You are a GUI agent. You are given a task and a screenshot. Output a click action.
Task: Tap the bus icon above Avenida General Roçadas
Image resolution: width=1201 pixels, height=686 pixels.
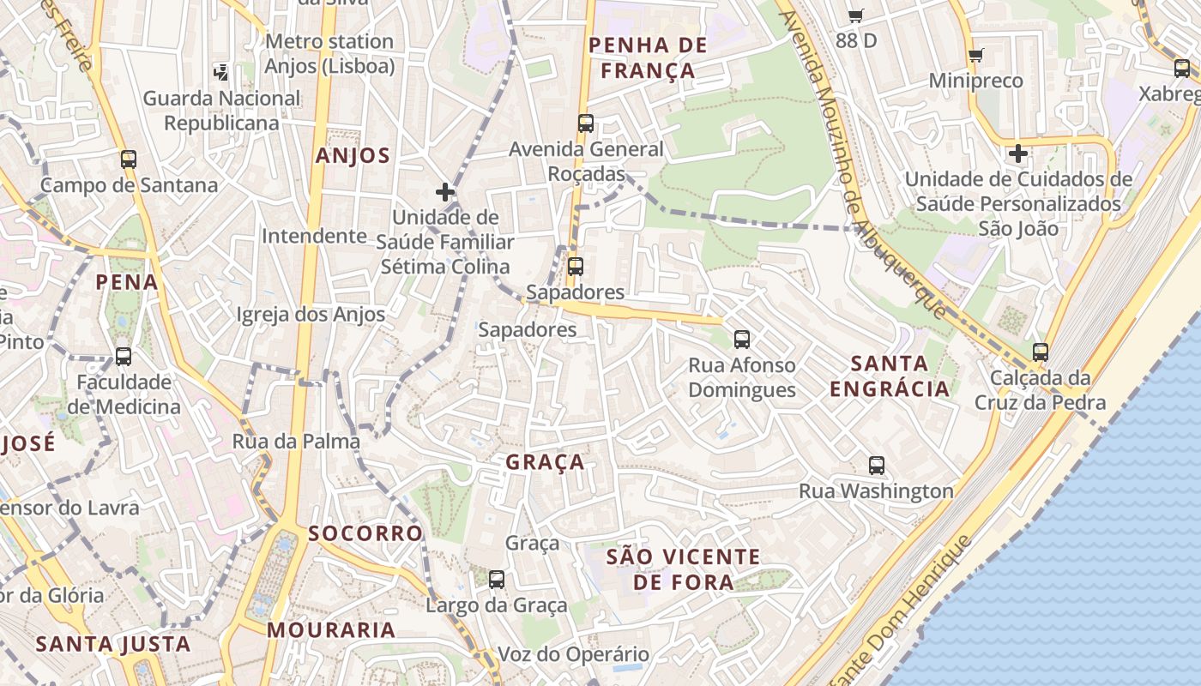(586, 123)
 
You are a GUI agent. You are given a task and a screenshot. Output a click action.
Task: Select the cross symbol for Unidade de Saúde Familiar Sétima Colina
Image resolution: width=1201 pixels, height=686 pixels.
(444, 191)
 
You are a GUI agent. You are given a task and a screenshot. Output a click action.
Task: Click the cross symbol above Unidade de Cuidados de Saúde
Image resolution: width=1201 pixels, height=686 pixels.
(1018, 154)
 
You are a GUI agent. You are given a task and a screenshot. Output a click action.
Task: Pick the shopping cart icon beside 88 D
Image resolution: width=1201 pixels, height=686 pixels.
(855, 15)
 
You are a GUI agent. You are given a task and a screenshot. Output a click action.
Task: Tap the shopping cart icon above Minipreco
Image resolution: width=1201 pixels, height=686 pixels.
(975, 56)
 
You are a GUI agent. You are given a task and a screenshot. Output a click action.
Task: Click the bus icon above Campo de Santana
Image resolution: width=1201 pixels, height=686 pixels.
(129, 159)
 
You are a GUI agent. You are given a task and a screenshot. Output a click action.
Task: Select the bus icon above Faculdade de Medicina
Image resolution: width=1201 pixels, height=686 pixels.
(124, 357)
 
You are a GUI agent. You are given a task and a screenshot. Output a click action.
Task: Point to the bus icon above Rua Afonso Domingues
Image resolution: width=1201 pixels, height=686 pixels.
(742, 340)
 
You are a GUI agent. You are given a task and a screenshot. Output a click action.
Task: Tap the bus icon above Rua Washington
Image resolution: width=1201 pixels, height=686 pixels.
(877, 466)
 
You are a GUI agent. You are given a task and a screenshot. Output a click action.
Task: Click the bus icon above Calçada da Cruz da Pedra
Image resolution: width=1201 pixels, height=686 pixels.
(1041, 352)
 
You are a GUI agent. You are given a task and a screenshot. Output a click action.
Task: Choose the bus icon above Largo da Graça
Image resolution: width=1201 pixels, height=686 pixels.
(497, 580)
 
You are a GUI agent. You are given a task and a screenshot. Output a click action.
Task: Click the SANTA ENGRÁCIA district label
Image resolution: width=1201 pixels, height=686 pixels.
(890, 376)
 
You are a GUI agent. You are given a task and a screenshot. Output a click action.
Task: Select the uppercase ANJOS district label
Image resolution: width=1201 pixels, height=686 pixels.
(353, 155)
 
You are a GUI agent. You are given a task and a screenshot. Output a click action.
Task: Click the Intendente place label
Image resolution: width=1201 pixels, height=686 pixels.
(314, 236)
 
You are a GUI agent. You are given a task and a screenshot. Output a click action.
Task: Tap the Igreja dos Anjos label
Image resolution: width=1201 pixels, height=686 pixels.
(311, 315)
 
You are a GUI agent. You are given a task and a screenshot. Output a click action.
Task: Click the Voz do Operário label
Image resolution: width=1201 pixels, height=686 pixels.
(574, 654)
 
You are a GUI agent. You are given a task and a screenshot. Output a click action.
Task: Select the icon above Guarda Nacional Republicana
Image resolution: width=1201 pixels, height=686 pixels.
(221, 72)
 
